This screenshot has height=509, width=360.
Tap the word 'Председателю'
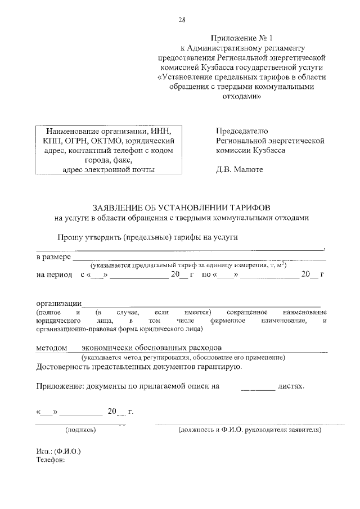(242, 131)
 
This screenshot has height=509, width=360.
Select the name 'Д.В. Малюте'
(239, 169)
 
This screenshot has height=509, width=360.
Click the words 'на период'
(55, 274)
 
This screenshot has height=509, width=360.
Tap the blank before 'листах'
(258, 387)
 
